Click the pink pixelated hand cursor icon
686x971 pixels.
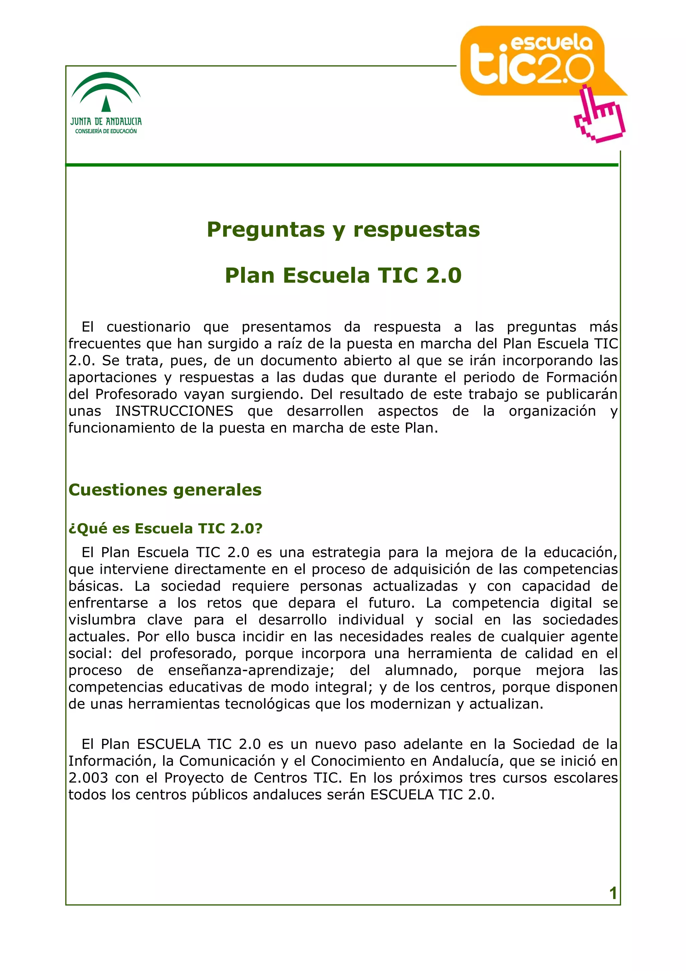(599, 115)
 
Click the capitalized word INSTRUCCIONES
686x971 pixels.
(174, 411)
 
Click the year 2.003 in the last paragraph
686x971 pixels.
(88, 778)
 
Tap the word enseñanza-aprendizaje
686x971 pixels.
(251, 670)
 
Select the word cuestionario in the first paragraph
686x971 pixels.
(148, 327)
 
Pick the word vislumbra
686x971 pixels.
(102, 620)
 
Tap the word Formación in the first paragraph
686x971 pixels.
(581, 377)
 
